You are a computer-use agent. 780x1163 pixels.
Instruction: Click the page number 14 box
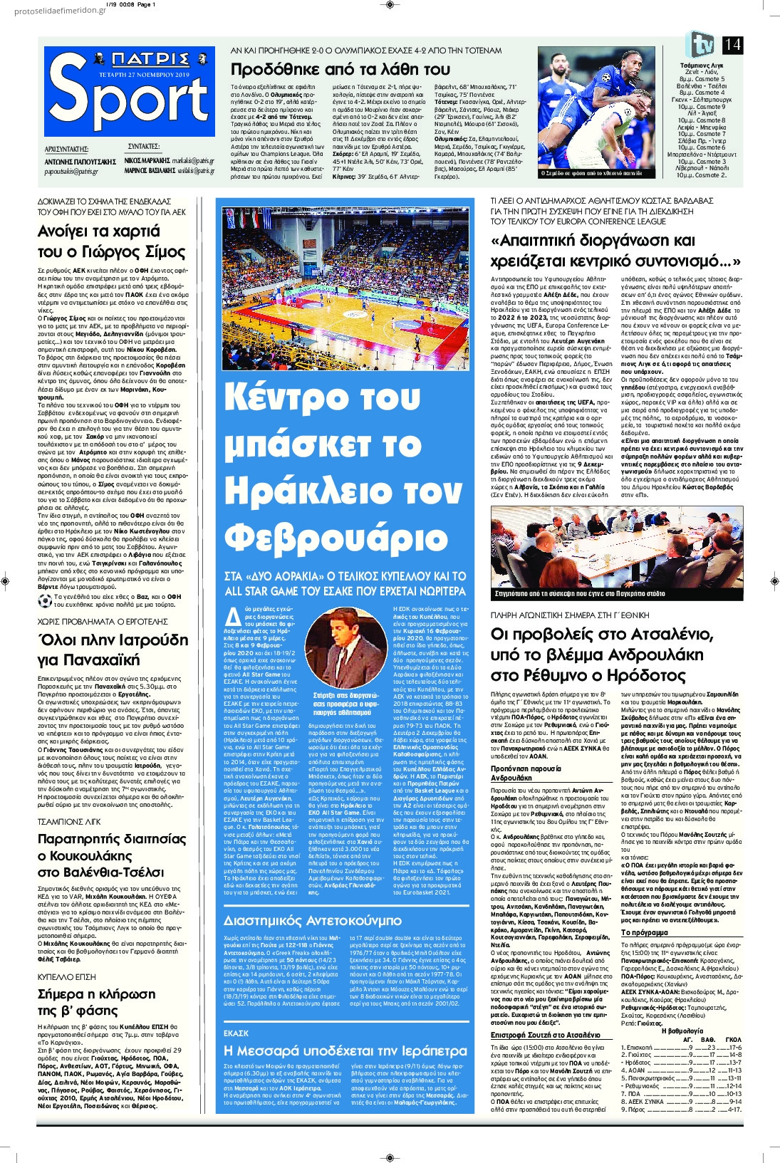(732, 45)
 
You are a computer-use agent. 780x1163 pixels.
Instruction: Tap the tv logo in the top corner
(701, 45)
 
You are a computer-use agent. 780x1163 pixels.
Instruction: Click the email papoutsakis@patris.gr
(71, 172)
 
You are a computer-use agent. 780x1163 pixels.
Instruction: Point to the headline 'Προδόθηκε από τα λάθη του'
(340, 69)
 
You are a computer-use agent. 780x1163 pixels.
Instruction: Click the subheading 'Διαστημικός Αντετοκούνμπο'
(312, 920)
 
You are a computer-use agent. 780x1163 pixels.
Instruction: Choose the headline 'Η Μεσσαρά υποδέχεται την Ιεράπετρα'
(345, 1050)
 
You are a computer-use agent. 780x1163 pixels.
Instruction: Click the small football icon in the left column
(45, 600)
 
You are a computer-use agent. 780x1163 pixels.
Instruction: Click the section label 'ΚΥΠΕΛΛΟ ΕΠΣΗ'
(66, 976)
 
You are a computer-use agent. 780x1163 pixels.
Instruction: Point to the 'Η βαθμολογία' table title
(682, 1030)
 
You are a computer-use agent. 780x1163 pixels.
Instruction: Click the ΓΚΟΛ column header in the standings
(733, 1039)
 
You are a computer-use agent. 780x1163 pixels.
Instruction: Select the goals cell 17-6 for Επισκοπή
(733, 1048)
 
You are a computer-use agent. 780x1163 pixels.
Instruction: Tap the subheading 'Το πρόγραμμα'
(644, 932)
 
